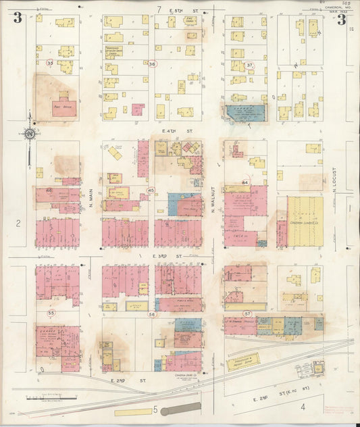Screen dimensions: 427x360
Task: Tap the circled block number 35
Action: (x=49, y=63)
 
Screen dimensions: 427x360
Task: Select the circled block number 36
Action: (x=152, y=64)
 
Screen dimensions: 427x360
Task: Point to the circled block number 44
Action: (x=246, y=183)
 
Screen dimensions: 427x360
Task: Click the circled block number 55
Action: (x=51, y=313)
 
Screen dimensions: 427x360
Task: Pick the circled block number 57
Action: (x=248, y=314)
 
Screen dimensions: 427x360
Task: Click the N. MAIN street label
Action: (x=91, y=196)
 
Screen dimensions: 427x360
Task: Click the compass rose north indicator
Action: (x=29, y=134)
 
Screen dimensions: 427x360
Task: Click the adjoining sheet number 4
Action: (x=303, y=407)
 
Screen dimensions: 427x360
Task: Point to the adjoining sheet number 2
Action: (x=20, y=222)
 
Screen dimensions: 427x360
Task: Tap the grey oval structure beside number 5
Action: (x=182, y=408)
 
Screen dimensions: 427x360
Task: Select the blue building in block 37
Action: (x=245, y=112)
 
